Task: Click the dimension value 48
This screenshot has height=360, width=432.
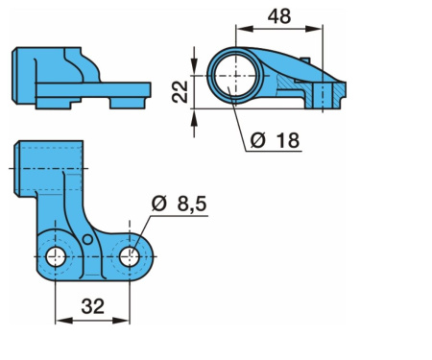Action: tap(279, 16)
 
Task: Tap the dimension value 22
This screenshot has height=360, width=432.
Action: tap(180, 92)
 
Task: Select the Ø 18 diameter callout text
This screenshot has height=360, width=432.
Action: tap(275, 140)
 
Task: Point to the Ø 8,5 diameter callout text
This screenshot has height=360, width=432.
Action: tap(179, 204)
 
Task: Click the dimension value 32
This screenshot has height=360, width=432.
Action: tap(92, 306)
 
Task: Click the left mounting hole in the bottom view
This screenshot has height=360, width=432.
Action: tap(56, 257)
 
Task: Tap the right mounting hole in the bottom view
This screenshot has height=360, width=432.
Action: tap(130, 257)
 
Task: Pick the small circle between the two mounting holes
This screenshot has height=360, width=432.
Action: tap(87, 239)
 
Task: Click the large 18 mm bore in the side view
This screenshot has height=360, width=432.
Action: tap(235, 76)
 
